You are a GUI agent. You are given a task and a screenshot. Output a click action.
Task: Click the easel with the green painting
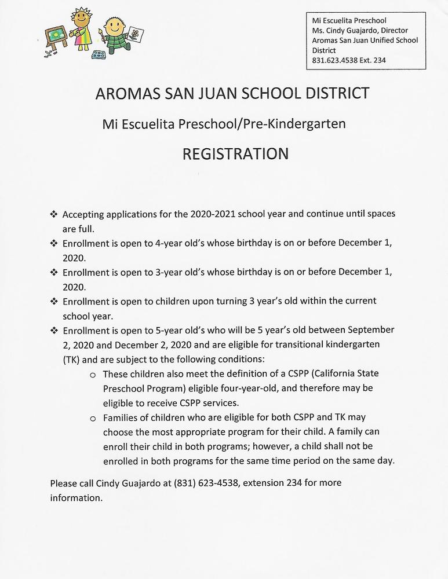tap(56, 36)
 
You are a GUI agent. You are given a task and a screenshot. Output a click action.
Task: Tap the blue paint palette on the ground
tap(99, 56)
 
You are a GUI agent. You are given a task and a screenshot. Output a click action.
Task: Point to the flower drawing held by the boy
tap(134, 35)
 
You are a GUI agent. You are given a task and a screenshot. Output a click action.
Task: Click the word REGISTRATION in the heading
tap(235, 153)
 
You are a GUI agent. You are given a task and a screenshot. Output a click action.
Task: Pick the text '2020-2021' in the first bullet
tap(211, 214)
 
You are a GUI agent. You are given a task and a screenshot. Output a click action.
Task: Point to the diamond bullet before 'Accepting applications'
tap(54, 214)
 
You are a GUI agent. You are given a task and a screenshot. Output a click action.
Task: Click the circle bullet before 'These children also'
tap(93, 374)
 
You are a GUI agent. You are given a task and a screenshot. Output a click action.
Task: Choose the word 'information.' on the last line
tap(76, 497)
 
